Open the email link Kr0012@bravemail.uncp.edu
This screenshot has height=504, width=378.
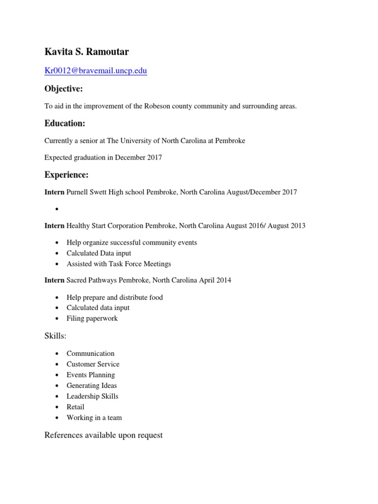pos(95,71)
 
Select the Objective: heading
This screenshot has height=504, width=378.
pos(63,89)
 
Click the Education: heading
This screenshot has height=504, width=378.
pos(65,123)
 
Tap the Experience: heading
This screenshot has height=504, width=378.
pos(66,175)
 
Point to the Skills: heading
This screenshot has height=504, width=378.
pos(55,336)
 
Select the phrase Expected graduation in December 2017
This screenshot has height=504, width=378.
pos(103,157)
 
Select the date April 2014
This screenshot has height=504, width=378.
pos(215,280)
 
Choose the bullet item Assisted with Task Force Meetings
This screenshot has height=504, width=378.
pos(119,264)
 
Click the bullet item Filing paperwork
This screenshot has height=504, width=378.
pos(92,318)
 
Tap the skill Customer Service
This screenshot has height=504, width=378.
pos(93,364)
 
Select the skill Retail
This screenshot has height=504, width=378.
pos(75,407)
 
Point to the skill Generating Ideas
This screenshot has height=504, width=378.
pos(92,385)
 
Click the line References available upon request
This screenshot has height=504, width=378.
pos(103,435)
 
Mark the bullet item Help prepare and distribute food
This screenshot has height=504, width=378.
pos(115,297)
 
